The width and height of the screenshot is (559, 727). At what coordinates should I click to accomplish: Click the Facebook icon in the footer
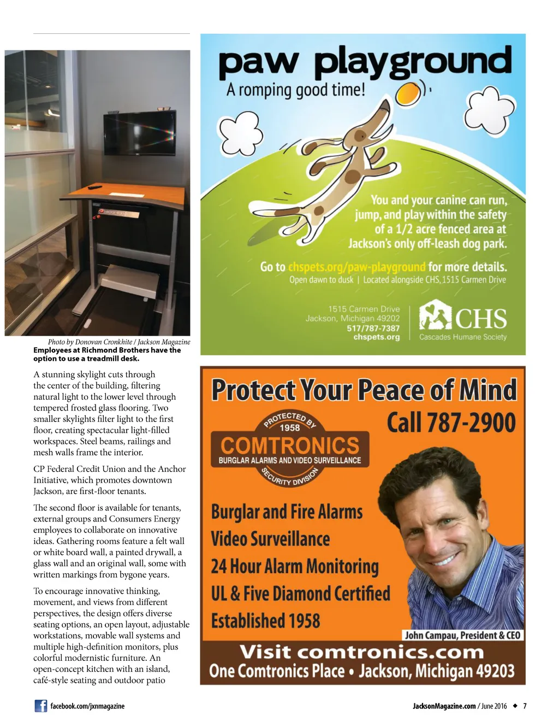[x=41, y=706]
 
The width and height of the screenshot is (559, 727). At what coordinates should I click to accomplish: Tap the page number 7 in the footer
[x=525, y=706]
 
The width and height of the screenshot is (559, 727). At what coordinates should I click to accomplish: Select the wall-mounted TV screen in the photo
[x=140, y=134]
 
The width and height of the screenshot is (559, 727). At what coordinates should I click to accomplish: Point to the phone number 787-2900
[x=451, y=423]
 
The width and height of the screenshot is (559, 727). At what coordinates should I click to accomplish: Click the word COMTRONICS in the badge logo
[x=290, y=445]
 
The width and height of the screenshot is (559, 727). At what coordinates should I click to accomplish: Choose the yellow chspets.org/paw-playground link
[x=356, y=267]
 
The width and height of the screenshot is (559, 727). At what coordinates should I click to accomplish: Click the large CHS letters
[x=480, y=319]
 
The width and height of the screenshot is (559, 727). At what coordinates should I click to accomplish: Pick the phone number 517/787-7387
[x=373, y=328]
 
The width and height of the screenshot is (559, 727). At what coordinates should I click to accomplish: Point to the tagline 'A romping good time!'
[x=295, y=89]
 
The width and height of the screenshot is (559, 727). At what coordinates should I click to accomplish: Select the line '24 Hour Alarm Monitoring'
[x=295, y=566]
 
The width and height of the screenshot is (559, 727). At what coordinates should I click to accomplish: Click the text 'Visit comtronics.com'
[x=361, y=652]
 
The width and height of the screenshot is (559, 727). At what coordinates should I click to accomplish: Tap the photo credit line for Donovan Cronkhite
[x=119, y=342]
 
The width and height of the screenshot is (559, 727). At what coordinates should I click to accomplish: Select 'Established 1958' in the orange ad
[x=266, y=621]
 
